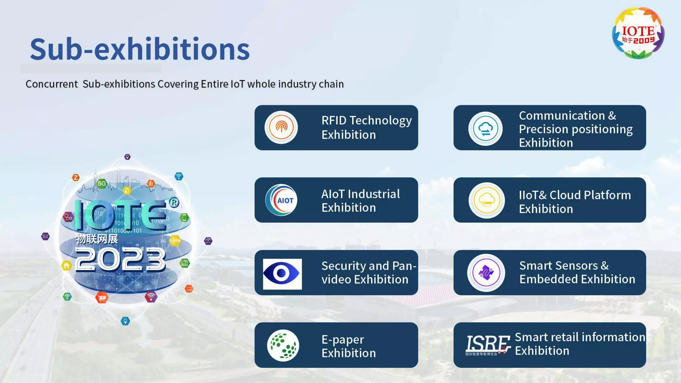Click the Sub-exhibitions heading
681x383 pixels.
(140, 49)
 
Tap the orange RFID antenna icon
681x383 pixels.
(281, 127)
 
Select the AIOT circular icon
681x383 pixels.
(281, 200)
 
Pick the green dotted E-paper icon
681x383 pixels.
(283, 345)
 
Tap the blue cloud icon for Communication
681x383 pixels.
(485, 129)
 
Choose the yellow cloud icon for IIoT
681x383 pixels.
(486, 200)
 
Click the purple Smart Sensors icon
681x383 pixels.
(486, 273)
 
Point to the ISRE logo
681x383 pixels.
(488, 344)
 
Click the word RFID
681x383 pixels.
(334, 120)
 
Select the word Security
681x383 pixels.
(343, 266)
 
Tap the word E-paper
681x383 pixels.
(342, 340)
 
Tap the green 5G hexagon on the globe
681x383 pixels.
(102, 183)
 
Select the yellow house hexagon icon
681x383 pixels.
(67, 266)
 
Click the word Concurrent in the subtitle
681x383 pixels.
(52, 84)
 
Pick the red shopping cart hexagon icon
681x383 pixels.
(102, 297)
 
